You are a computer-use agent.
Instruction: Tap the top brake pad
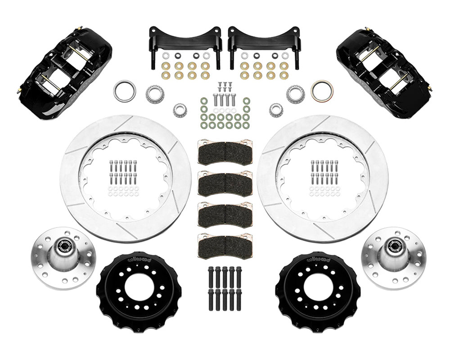(225, 153)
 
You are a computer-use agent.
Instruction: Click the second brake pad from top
(225, 183)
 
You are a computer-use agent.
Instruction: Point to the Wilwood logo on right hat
(318, 260)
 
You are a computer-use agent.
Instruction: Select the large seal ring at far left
(124, 90)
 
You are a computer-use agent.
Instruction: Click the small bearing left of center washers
(180, 109)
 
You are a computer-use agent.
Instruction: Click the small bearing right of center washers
(276, 109)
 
